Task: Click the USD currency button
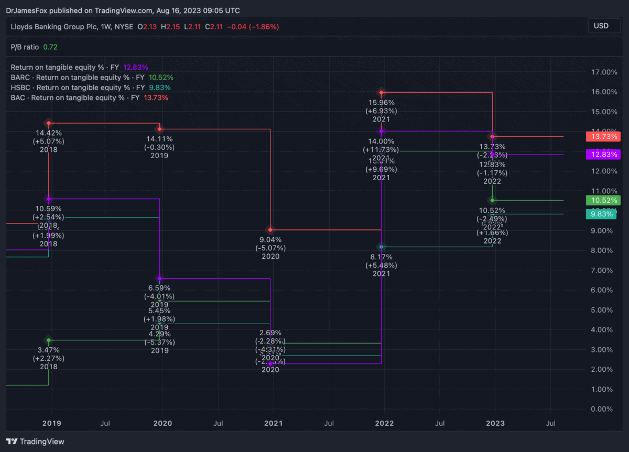(601, 26)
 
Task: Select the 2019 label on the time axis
(51, 423)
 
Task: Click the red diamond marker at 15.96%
(382, 92)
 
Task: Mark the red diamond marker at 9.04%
(270, 229)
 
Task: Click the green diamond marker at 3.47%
(49, 340)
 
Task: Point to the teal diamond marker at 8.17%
(382, 247)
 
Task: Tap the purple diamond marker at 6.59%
(160, 278)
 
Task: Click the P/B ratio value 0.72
(50, 47)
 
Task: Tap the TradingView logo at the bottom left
(35, 442)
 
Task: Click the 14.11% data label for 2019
(159, 139)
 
